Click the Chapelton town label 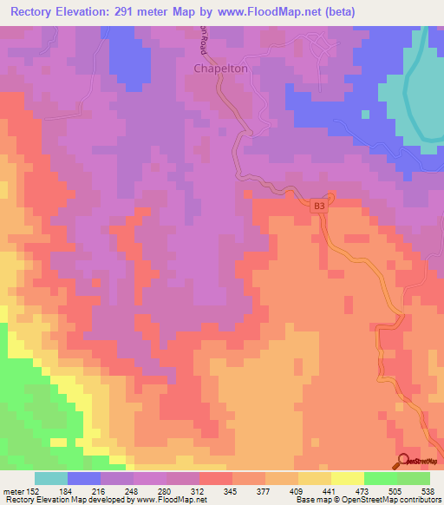(x=220, y=69)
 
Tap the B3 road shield (x=320, y=206)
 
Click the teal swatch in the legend (x=51, y=478)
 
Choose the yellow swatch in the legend (x=347, y=478)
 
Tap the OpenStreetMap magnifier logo (x=402, y=461)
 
